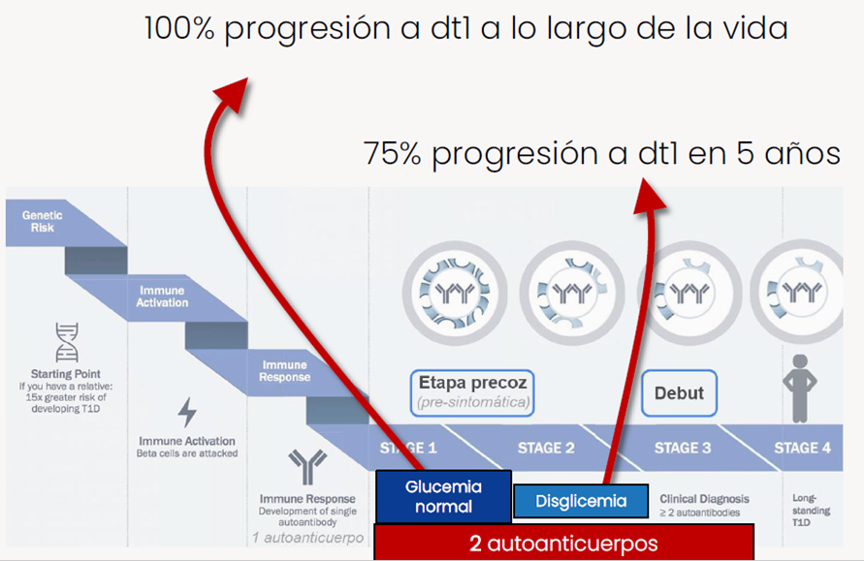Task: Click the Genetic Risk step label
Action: (x=42, y=221)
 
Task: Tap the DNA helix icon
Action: (x=66, y=342)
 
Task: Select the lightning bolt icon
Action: (x=187, y=413)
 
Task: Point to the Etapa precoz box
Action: (x=472, y=392)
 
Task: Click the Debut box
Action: (x=679, y=393)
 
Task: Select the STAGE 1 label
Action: (x=408, y=449)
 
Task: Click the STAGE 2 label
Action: (x=546, y=449)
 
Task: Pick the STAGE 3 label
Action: (x=683, y=449)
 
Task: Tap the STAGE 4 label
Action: (x=802, y=449)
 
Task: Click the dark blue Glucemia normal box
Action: (x=443, y=497)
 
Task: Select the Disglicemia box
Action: (x=581, y=501)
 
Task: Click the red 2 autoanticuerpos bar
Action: (x=563, y=544)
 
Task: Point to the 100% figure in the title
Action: (x=179, y=29)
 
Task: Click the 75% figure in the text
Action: (x=393, y=154)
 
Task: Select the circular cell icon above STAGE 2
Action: (x=572, y=293)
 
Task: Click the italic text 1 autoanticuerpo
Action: (x=308, y=538)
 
